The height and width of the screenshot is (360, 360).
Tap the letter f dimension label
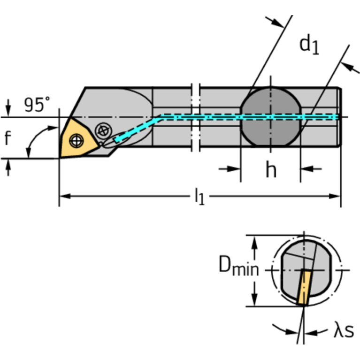pyautogui.click(x=8, y=138)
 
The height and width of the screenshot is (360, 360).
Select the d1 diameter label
pyautogui.click(x=309, y=46)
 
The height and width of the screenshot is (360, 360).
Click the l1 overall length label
pyautogui.click(x=199, y=198)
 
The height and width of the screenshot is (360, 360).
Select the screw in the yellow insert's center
pyautogui.click(x=76, y=139)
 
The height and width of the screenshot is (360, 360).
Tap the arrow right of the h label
pyautogui.click(x=310, y=169)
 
